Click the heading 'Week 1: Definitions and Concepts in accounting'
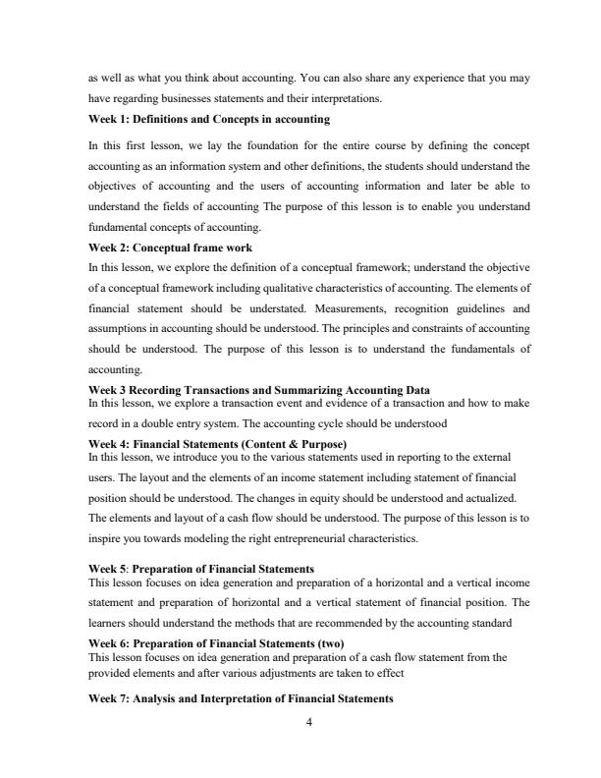tap(208, 119)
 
